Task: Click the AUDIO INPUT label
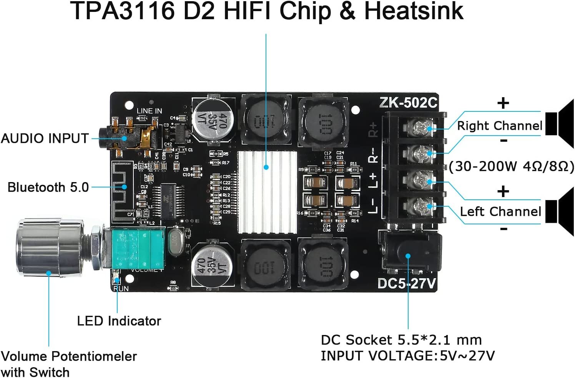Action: coord(45,138)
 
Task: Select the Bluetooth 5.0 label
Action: coord(48,187)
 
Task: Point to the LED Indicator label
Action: coord(119,321)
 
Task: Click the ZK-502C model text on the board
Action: coord(408,103)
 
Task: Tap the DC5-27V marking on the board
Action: coord(407,283)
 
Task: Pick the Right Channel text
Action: coord(499,126)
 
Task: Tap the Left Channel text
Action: coord(500,212)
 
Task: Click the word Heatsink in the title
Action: coord(414,12)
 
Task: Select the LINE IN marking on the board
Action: coord(149,111)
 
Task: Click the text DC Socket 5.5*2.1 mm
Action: coord(401,340)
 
